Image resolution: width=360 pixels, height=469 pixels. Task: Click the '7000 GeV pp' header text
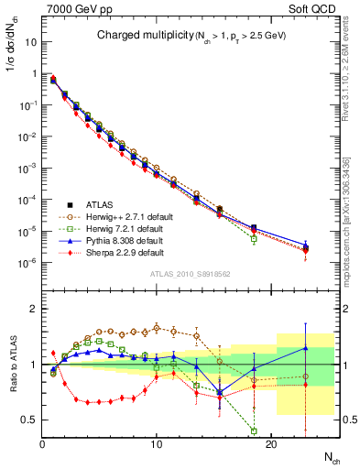tap(74, 8)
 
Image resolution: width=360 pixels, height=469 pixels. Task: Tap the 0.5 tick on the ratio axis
tap(29, 420)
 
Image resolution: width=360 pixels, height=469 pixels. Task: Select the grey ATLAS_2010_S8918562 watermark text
tap(190, 273)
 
